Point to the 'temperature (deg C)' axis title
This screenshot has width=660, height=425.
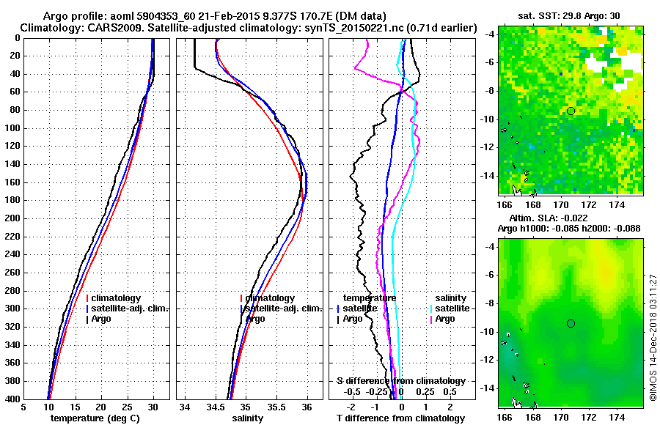[x=95, y=418]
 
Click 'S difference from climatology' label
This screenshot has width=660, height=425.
[x=400, y=381]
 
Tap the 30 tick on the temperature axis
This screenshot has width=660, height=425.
[x=153, y=407]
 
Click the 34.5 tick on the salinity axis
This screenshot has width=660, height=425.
[x=216, y=407]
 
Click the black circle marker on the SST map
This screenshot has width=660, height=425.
[x=571, y=111]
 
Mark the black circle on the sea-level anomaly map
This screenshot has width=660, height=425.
[x=571, y=323]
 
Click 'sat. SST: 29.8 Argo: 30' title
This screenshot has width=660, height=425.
[x=570, y=15]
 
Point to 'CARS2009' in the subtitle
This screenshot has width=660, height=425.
[x=107, y=28]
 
